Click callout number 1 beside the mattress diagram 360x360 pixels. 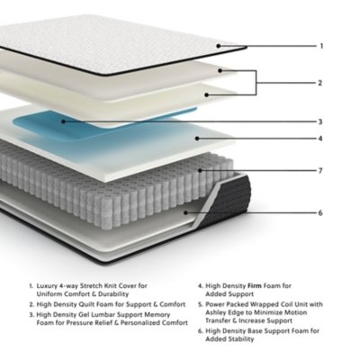pos(320,45)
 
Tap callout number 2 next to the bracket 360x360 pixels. pos(320,82)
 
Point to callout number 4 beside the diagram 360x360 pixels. pos(320,139)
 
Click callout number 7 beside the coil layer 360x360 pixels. pos(320,170)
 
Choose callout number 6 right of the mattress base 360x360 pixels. pos(320,212)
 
